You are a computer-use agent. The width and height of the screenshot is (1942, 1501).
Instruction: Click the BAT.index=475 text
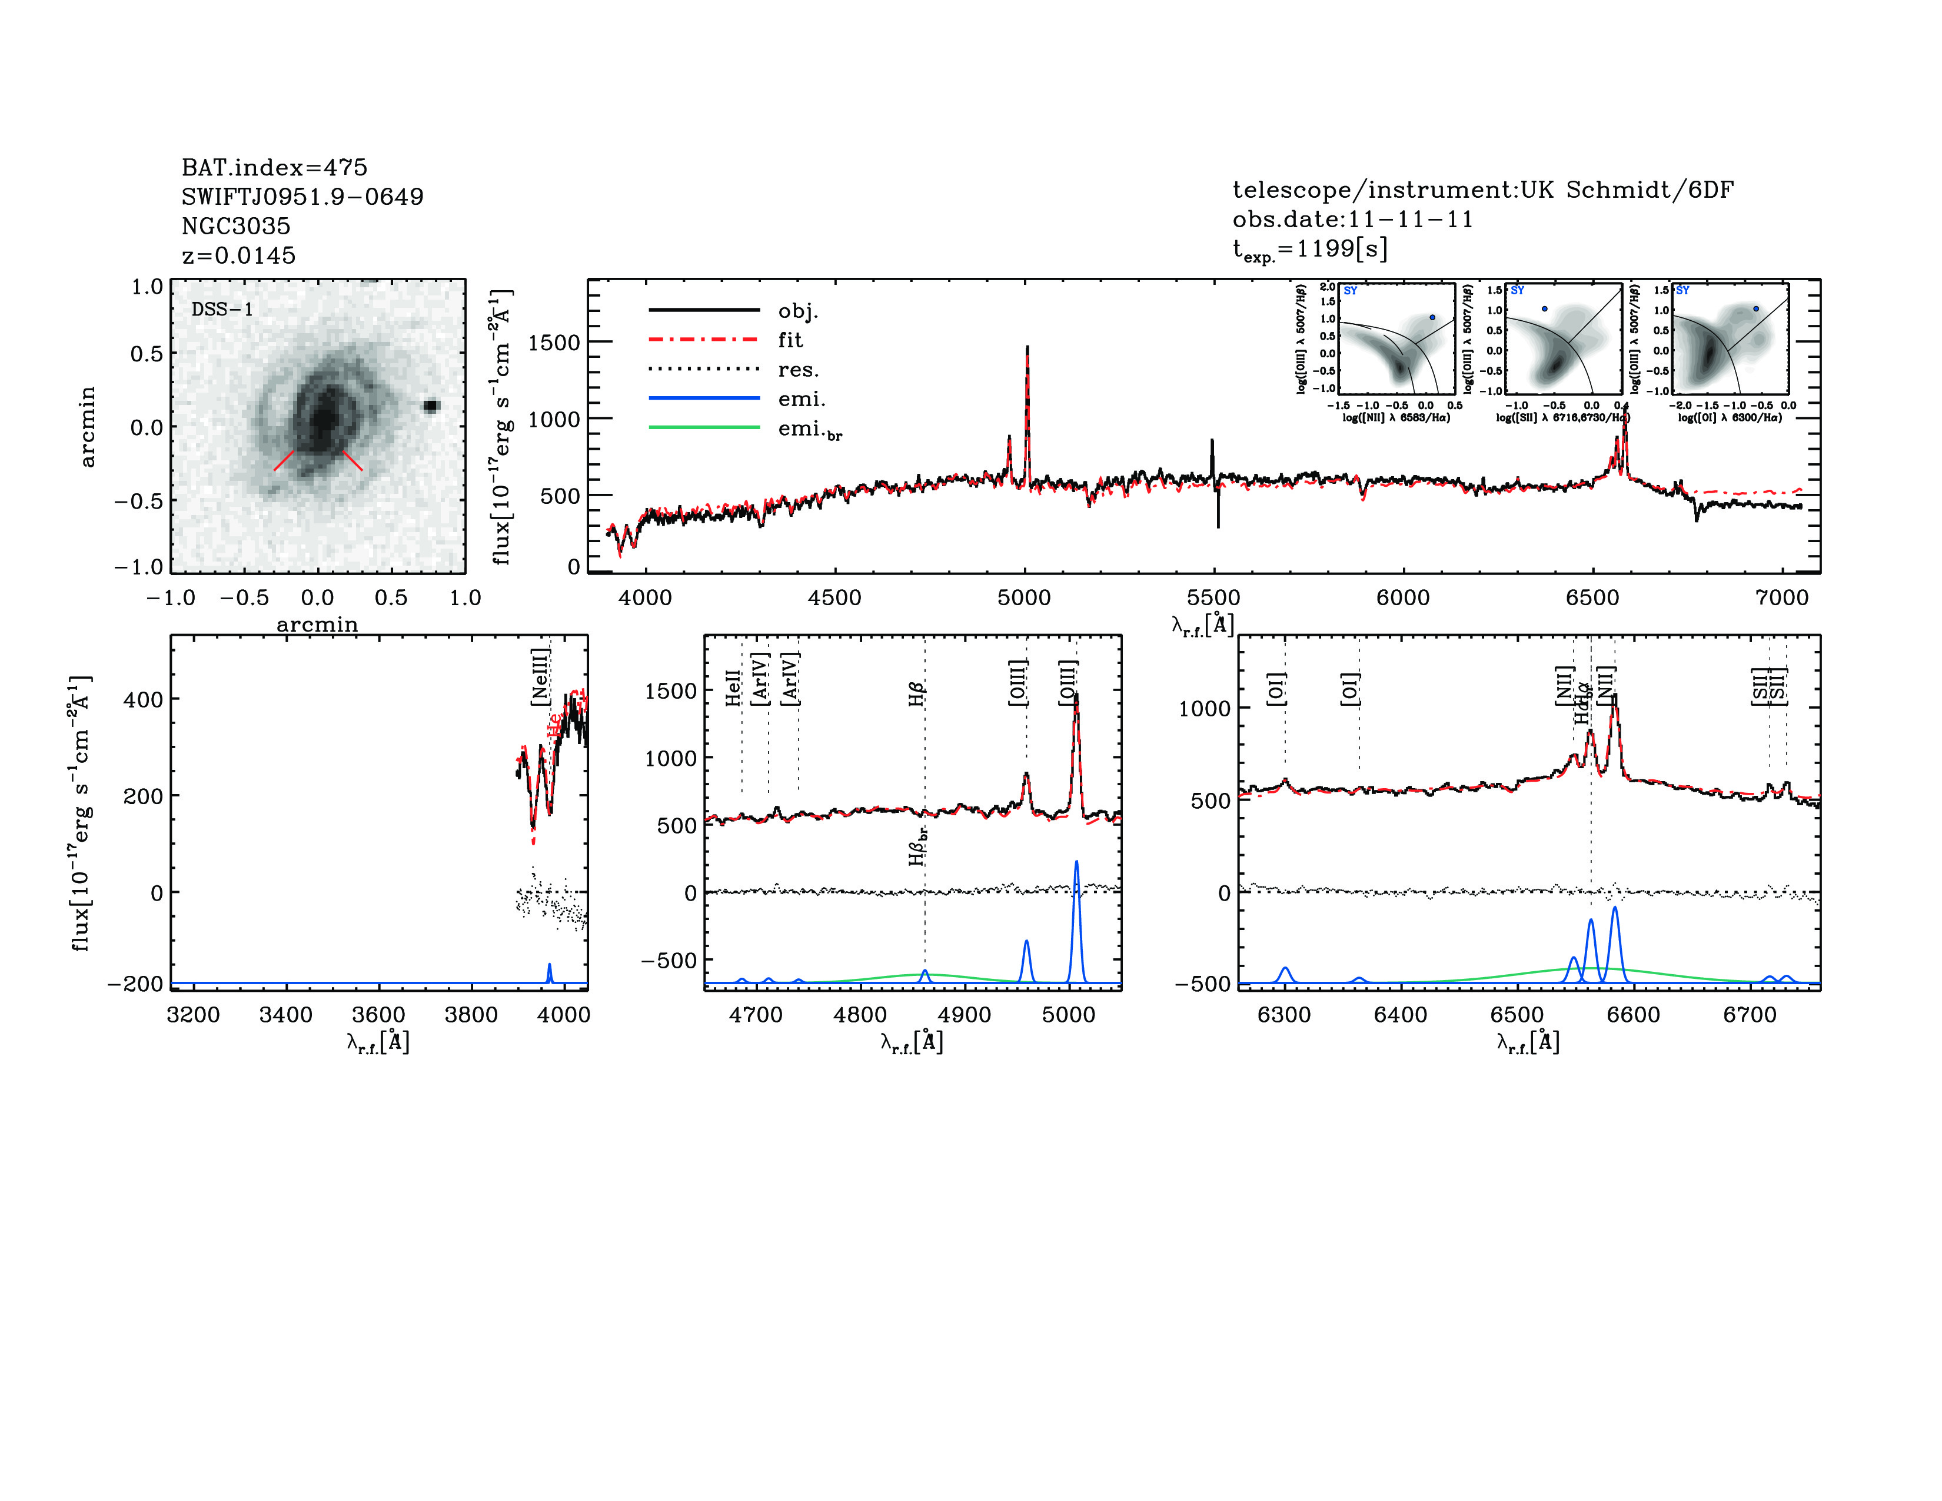pyautogui.click(x=274, y=167)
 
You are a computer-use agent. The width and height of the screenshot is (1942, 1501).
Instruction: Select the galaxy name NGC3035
pyautogui.click(x=235, y=226)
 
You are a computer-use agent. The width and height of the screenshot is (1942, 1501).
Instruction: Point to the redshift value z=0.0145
pyautogui.click(x=238, y=255)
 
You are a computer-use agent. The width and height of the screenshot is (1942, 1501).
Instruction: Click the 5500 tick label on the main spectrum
pyautogui.click(x=1213, y=597)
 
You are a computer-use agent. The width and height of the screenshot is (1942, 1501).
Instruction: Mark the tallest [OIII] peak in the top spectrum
pyautogui.click(x=1027, y=348)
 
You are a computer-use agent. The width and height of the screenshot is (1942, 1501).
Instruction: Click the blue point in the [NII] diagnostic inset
pyautogui.click(x=1432, y=317)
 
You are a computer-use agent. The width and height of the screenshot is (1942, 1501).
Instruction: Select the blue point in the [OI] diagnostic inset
pyautogui.click(x=1756, y=308)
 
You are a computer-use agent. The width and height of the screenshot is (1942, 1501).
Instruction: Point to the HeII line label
pyautogui.click(x=733, y=688)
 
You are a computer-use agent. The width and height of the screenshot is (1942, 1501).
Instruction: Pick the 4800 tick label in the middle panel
pyautogui.click(x=860, y=1015)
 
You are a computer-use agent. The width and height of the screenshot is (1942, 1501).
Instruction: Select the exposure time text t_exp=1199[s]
pyautogui.click(x=1310, y=250)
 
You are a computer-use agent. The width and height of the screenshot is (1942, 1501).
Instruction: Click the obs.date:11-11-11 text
pyautogui.click(x=1352, y=220)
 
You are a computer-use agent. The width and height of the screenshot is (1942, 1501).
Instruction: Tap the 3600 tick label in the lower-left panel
pyautogui.click(x=379, y=1015)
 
